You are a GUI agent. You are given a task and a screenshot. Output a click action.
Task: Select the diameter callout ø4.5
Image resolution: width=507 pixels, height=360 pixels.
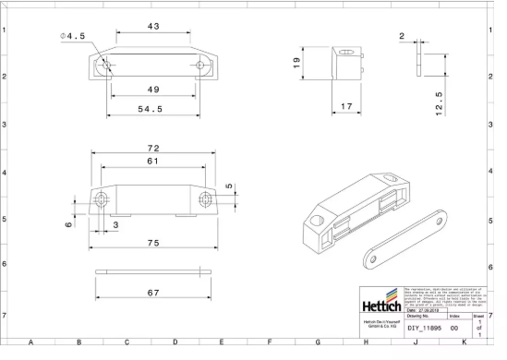pos(73,36)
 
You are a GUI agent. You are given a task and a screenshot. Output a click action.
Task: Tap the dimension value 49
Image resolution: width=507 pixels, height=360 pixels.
pos(153,90)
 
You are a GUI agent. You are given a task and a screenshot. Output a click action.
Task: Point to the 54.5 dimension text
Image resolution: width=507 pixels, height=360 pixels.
pos(150,110)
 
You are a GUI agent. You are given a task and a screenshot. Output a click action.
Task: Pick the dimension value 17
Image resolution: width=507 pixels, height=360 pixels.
pos(346,108)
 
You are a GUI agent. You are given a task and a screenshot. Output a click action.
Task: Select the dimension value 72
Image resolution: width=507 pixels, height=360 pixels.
pos(154,148)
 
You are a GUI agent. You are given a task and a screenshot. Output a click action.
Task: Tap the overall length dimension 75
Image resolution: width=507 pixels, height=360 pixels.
pos(153,243)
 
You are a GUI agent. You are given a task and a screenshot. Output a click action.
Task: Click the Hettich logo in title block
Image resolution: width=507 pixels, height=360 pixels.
pos(380,304)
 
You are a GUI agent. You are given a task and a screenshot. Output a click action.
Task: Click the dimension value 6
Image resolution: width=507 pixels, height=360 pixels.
pos(69,224)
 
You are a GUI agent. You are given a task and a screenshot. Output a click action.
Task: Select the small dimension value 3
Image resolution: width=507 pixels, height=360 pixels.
pos(115,224)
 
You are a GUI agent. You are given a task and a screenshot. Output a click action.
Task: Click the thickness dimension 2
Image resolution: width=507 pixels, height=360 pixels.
pos(401,36)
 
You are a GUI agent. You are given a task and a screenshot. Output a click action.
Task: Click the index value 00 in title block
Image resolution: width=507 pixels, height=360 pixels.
pos(453,328)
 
